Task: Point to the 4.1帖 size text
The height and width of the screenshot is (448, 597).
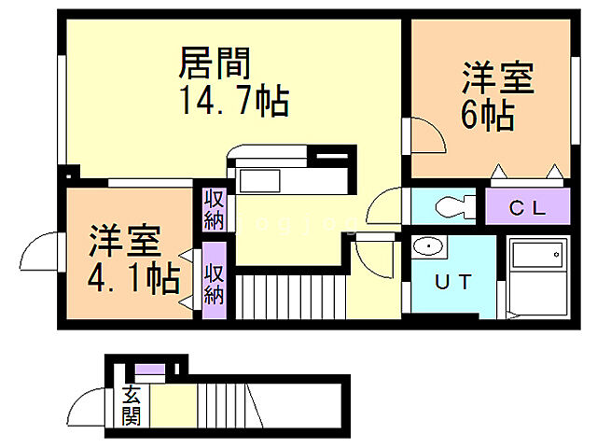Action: [132, 277]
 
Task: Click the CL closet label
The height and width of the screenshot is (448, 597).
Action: [526, 207]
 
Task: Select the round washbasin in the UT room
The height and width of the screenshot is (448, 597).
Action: [428, 247]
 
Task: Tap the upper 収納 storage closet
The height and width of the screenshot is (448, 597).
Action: [215, 209]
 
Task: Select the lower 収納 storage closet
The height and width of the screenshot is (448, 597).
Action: [215, 282]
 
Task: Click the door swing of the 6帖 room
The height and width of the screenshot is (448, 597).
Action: [428, 136]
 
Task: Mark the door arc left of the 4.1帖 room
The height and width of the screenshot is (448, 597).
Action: [43, 251]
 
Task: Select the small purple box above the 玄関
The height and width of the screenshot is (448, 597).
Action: [150, 375]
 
